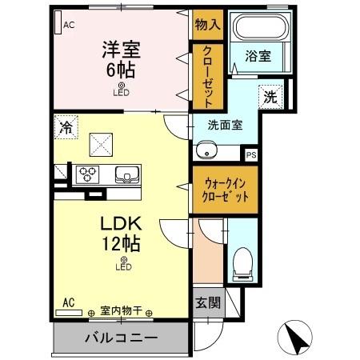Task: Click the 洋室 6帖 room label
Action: pos(121,58)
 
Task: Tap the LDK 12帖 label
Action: pos(122,230)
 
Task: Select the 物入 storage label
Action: pos(207,24)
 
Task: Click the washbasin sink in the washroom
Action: pos(206,150)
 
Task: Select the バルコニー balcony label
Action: pos(122,338)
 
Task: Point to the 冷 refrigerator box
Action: pos(67,126)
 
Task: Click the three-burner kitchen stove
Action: pos(86,174)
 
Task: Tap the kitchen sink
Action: pos(126,174)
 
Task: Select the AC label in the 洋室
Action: pos(68,24)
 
